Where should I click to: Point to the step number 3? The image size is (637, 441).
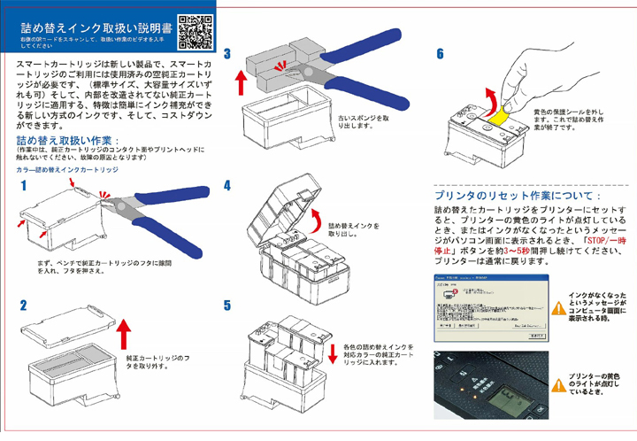pos(227,55)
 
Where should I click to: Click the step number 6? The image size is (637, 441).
pos(440,55)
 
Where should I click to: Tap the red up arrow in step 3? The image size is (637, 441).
pos(239,86)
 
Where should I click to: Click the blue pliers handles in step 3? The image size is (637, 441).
pos(349,66)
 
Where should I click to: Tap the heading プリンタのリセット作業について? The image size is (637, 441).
pos(518,194)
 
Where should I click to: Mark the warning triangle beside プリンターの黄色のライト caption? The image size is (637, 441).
pos(557,383)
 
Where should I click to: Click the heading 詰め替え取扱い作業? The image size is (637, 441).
pos(64,141)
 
